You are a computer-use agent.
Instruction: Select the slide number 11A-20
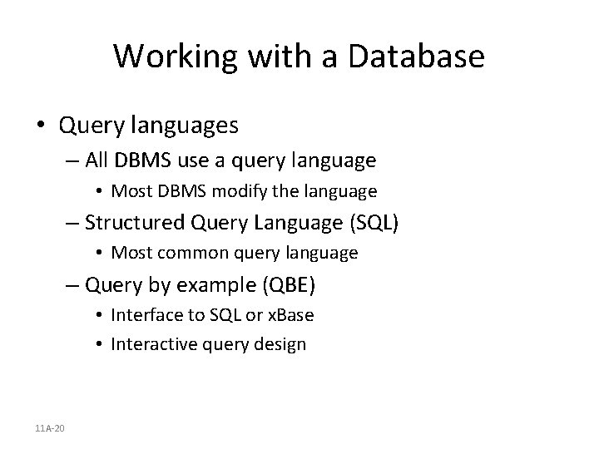[52, 427]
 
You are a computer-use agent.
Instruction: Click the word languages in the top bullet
[184, 126]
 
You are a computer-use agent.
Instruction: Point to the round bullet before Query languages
[41, 126]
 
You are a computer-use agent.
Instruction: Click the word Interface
[143, 315]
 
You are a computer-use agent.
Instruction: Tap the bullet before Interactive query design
[99, 343]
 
